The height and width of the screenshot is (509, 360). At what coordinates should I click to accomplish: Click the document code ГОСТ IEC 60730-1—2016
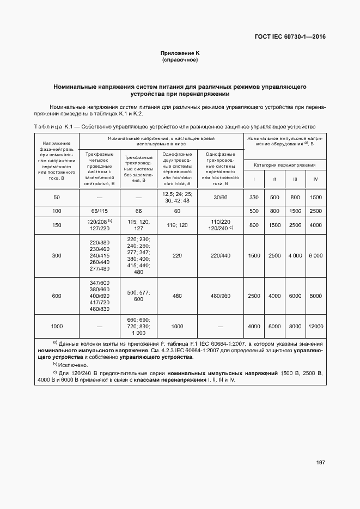(294, 37)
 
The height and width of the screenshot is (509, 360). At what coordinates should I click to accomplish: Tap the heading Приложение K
(180, 53)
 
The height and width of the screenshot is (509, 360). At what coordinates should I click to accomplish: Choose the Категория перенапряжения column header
(284, 164)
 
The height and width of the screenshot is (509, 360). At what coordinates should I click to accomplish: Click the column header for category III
(295, 179)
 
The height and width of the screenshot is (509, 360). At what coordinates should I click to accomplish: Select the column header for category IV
(315, 179)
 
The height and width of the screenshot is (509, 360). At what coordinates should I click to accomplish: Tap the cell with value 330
(254, 197)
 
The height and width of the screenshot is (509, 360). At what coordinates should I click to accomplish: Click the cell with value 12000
(315, 326)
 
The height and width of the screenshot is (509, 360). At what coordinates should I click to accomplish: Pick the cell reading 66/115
(100, 211)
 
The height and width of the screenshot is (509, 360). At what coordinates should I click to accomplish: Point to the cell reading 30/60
(221, 197)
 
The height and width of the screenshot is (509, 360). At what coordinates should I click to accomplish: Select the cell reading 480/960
(221, 296)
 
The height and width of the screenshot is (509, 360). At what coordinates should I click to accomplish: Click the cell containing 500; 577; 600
(138, 296)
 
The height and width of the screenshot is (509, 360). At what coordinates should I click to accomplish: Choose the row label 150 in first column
(57, 225)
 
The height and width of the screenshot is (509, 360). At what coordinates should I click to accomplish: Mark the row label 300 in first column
(57, 256)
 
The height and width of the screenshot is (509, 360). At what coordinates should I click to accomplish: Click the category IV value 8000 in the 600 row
(315, 296)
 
